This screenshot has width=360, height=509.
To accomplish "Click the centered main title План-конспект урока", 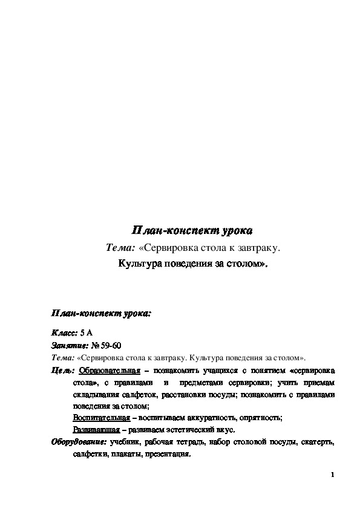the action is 191,231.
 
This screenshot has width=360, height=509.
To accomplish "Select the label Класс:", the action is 64,333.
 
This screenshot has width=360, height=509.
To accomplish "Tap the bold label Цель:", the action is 63,369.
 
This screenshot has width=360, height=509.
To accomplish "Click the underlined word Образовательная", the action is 110,369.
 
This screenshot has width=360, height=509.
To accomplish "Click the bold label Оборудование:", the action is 79,442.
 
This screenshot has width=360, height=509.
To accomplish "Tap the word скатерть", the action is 316,442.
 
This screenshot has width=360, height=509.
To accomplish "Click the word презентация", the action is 168,454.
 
